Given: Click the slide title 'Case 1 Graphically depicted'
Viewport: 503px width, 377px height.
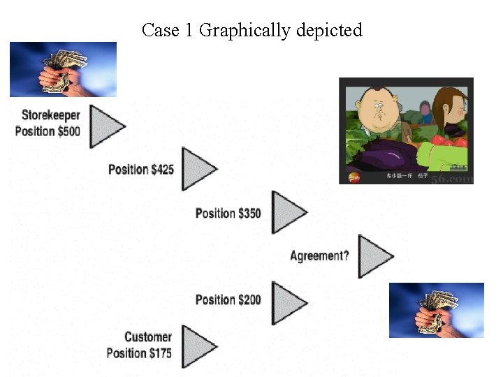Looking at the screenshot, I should pos(251,30).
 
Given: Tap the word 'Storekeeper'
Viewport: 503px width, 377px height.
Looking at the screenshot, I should pos(50,115).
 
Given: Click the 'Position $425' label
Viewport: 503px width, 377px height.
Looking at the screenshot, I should pos(141,169).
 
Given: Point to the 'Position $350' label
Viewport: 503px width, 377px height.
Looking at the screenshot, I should pos(228,212).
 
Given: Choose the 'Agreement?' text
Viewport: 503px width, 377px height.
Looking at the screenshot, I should pos(319,256).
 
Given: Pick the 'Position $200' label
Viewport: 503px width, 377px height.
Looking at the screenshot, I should pos(228,300).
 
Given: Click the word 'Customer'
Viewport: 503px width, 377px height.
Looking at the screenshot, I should pos(148,338).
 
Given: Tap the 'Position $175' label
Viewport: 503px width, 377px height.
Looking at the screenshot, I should pos(139,353).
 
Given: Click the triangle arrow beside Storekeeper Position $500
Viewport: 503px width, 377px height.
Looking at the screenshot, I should pos(105,126).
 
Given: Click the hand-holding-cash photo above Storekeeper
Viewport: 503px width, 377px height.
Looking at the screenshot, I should pos(63,69).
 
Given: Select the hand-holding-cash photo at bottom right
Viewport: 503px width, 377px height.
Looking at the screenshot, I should pos(436,310).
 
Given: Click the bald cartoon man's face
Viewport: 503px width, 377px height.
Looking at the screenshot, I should pos(377,108).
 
